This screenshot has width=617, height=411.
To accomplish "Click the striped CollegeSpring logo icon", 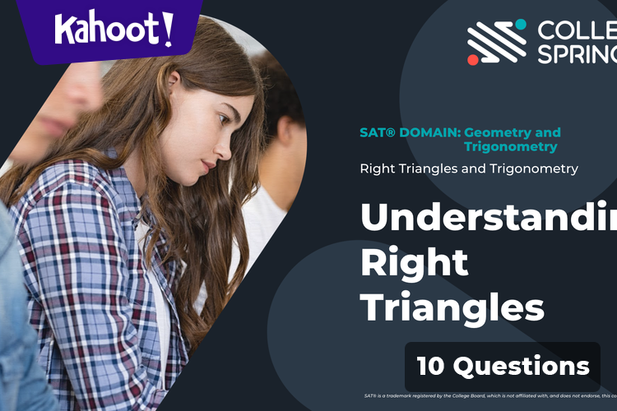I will pyautogui.click(x=497, y=41).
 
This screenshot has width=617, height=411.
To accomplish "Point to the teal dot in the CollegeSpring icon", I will pyautogui.click(x=520, y=24).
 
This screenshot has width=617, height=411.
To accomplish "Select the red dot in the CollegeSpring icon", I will pyautogui.click(x=473, y=59).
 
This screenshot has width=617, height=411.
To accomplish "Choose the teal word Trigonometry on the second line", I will pyautogui.click(x=510, y=147).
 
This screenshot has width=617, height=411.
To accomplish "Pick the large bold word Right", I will pyautogui.click(x=414, y=262).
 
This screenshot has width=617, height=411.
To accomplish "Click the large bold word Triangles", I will pyautogui.click(x=452, y=307).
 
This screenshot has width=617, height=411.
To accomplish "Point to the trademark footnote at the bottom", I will pyautogui.click(x=490, y=396).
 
